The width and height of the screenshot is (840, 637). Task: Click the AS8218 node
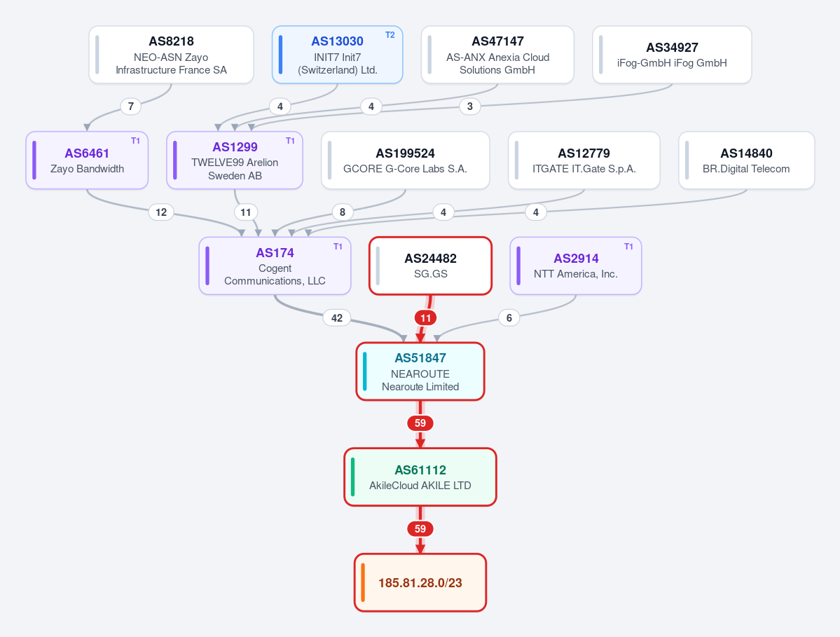[171, 55]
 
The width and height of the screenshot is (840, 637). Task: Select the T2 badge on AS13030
[390, 35]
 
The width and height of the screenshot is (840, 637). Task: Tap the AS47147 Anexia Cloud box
[497, 55]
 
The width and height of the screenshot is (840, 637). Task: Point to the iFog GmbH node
[672, 55]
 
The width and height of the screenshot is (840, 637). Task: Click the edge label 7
[131, 106]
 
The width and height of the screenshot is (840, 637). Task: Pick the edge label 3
[470, 106]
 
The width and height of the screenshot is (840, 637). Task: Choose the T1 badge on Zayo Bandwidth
[135, 140]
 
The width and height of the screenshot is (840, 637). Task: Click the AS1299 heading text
[235, 146]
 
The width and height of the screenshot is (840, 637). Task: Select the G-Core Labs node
[405, 160]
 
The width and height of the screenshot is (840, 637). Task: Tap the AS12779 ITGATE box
[584, 160]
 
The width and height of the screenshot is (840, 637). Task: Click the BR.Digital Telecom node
[746, 160]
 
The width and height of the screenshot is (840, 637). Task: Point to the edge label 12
[161, 212]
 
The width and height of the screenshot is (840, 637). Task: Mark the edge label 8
[343, 212]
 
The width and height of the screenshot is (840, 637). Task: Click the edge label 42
[336, 317]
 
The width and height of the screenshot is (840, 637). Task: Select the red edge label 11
[425, 317]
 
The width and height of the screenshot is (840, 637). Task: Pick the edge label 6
[509, 317]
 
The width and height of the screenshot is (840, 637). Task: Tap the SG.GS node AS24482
[431, 266]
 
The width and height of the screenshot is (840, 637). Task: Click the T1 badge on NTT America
[628, 246]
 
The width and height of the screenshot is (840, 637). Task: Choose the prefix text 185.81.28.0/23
[420, 583]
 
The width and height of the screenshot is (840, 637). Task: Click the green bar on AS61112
[352, 477]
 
